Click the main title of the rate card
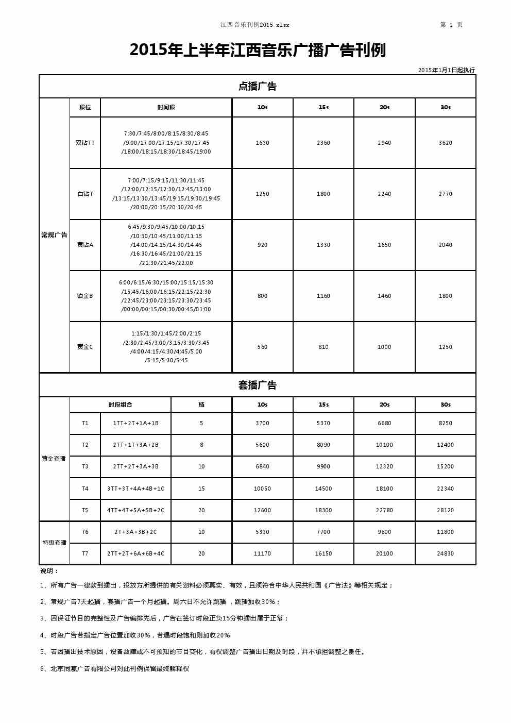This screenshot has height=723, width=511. pos(258,51)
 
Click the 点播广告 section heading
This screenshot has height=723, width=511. pos(258,87)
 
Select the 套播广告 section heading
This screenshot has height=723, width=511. pos(258,385)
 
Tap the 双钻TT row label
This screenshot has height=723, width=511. pos(85,143)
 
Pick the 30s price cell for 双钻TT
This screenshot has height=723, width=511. pos(445,143)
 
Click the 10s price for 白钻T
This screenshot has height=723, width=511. pos(262,194)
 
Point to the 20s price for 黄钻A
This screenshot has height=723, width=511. pos(384,245)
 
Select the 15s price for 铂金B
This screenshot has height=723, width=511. pos(323,296)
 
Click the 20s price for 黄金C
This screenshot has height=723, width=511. pos(384,347)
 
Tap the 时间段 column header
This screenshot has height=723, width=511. pos(166,107)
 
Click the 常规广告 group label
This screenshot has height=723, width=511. pos(54,235)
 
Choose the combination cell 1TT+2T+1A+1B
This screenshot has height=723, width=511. pos(135,423)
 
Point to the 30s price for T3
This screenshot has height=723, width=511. pos(445,466)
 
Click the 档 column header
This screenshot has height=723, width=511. pos(201,405)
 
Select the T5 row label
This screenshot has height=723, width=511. pos(85,510)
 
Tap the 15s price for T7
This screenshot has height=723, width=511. pos(323,553)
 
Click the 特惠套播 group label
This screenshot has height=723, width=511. pos(54,543)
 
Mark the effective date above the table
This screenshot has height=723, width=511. pos(446,70)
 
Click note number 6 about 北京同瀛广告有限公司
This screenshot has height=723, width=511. pos(115,668)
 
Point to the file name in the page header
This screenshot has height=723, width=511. pos(255,25)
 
